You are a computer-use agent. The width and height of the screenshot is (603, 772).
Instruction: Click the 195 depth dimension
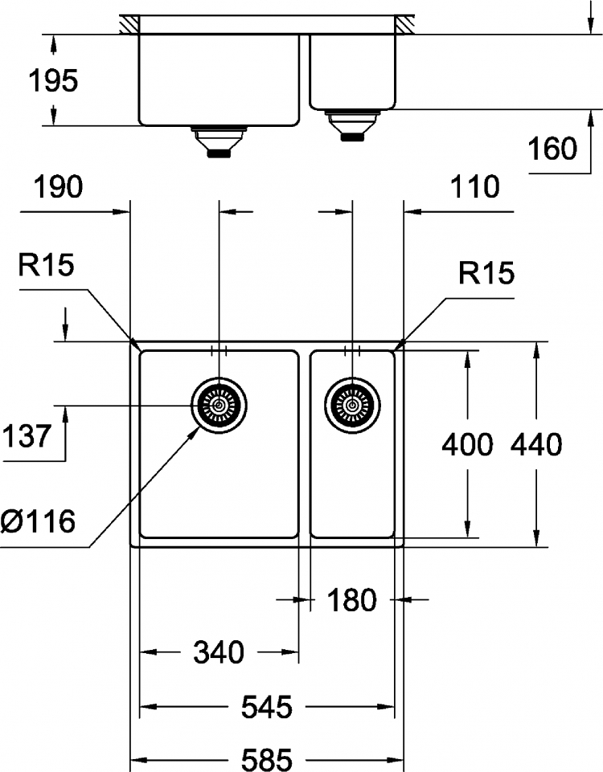[x=53, y=80]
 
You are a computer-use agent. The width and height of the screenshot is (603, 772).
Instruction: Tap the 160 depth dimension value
[x=552, y=148]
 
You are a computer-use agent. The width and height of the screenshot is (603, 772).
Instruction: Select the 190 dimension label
[x=58, y=187]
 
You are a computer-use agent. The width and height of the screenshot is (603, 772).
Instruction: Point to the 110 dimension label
[x=474, y=187]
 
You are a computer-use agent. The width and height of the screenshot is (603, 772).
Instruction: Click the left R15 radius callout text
[x=47, y=265]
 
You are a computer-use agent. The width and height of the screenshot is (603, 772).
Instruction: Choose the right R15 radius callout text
[x=486, y=273]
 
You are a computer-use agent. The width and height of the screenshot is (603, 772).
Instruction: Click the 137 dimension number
[x=27, y=435]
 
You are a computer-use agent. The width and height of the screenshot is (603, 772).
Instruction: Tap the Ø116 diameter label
[x=38, y=521]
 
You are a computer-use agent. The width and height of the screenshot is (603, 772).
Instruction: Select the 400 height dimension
[x=467, y=444]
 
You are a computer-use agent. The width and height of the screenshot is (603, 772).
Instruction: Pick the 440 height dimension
[x=536, y=444]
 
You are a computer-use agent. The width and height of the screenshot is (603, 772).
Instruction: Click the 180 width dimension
[x=352, y=600]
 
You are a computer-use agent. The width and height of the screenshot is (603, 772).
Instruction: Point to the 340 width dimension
[x=219, y=652]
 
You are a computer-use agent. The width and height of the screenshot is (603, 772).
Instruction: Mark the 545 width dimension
[x=266, y=707]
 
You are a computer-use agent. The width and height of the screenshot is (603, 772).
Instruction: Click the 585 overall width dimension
[x=266, y=759]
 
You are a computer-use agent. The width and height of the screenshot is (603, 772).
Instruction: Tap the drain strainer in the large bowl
[x=219, y=405]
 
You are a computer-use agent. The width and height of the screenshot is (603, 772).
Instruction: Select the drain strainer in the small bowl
[x=352, y=405]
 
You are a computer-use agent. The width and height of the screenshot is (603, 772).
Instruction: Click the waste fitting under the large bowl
[x=219, y=142]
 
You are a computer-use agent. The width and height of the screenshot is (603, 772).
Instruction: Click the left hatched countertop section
[x=129, y=25]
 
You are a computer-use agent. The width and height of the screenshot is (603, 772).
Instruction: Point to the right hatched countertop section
[x=404, y=25]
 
